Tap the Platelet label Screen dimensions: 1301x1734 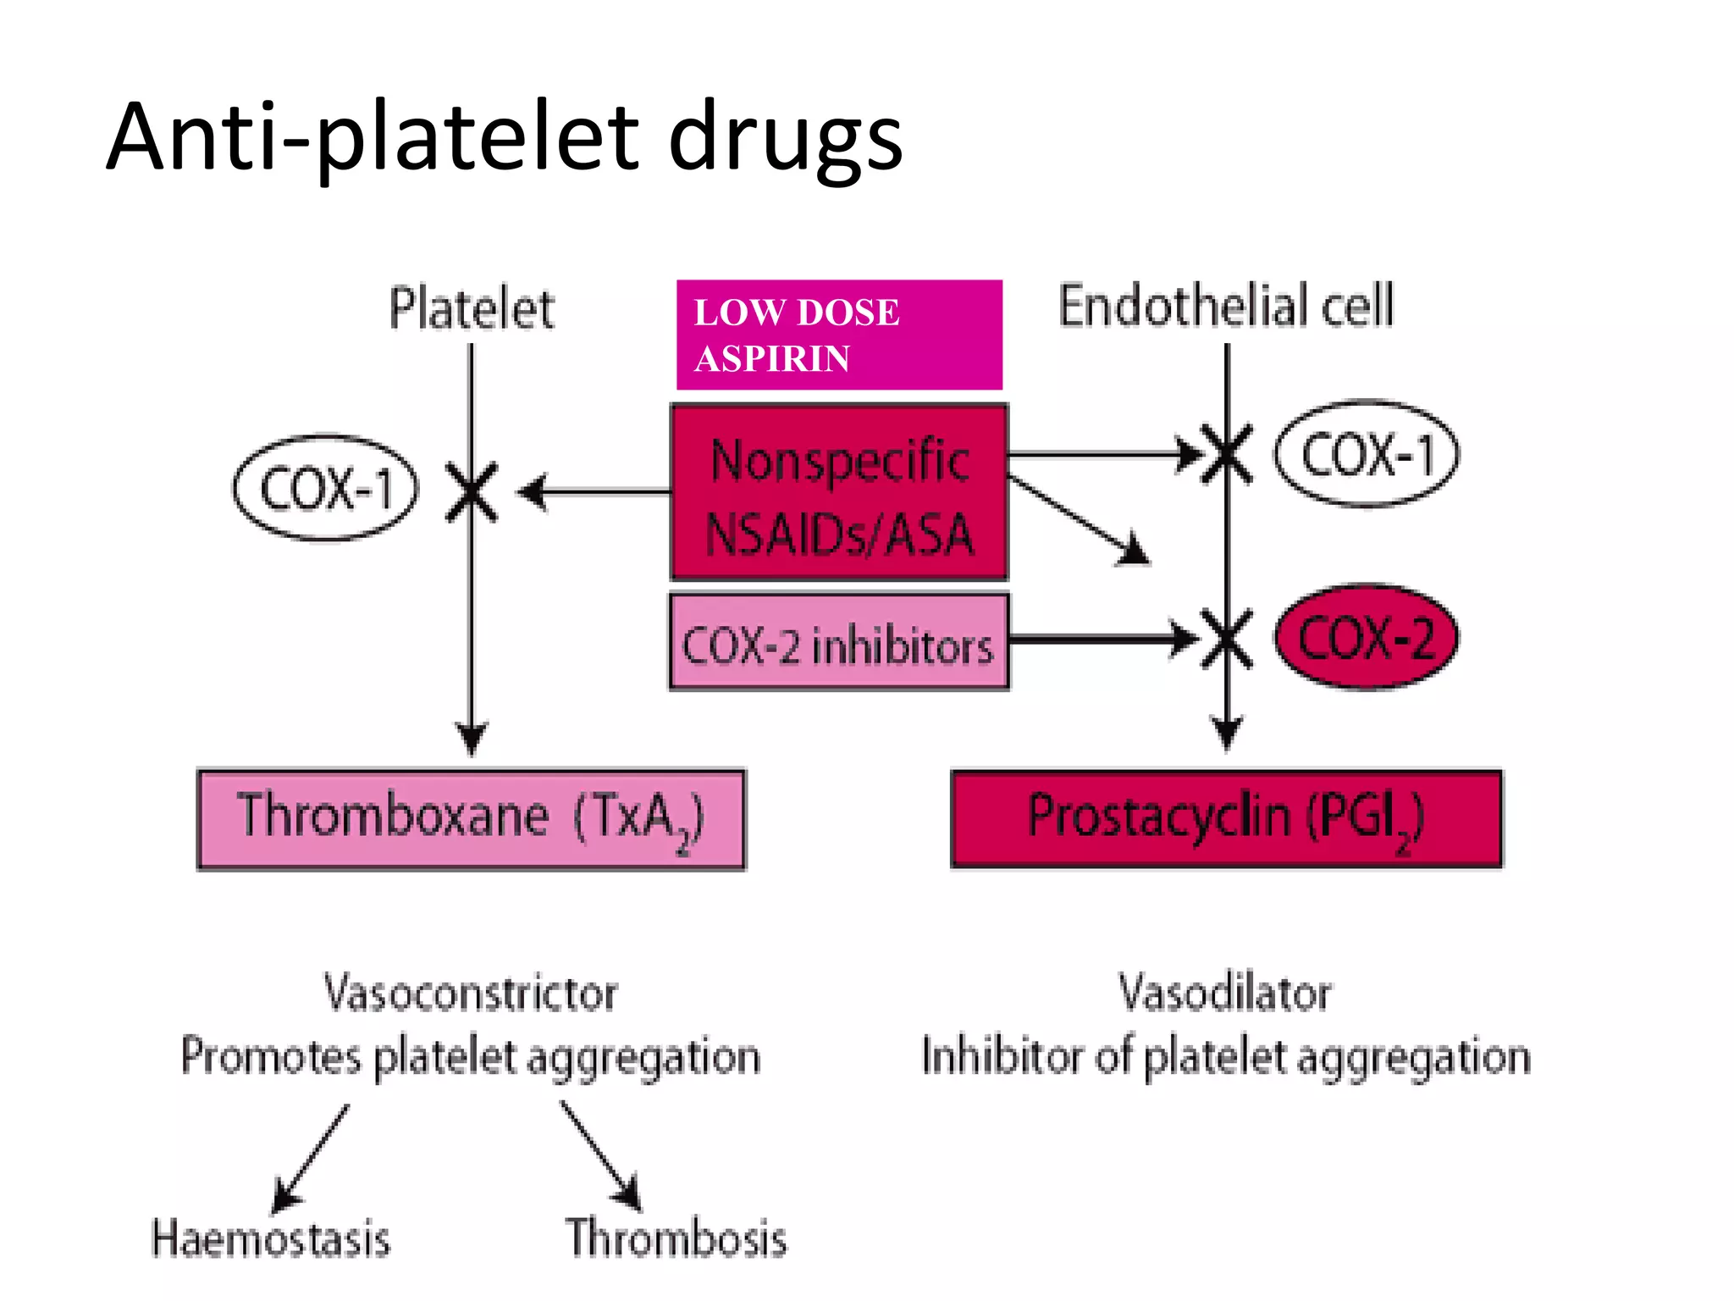pos(472,308)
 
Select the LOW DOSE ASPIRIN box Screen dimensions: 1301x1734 pos(839,335)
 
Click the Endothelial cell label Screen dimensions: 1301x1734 pos(1225,306)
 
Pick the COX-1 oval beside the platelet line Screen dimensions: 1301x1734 pos(326,489)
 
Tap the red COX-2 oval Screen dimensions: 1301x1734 pos(1367,637)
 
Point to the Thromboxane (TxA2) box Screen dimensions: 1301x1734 pos(471,819)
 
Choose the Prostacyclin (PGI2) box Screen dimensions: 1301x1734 pos(1225,819)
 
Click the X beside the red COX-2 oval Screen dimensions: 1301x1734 pos(1227,639)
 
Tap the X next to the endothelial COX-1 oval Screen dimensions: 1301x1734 pos(1227,455)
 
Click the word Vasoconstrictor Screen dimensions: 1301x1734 pos(471,993)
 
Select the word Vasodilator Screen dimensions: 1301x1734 pos(1224,993)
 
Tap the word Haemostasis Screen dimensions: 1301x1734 pos(271,1238)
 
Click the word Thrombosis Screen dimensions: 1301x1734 pos(676,1237)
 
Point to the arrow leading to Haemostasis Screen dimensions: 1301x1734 pos(311,1158)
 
